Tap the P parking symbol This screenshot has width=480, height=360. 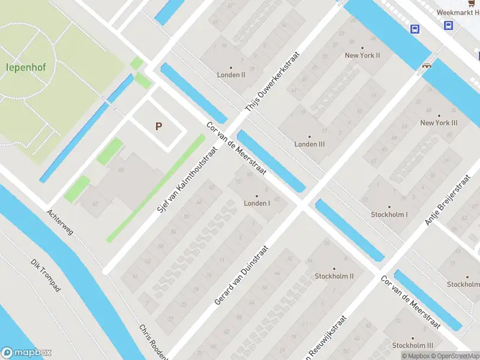pos(158,126)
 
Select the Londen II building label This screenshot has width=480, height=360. pos(230,75)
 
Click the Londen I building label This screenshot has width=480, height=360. pos(257,203)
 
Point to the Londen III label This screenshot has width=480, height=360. pos(309,144)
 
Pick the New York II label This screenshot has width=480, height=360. pos(362,55)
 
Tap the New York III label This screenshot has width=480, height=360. pos(439,122)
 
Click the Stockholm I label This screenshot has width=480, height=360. pos(389,214)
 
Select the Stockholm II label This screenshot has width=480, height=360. pos(334,276)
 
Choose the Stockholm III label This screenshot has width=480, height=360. pos(412,346)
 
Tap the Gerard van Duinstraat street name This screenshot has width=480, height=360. pos(241,274)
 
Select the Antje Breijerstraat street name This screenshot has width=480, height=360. pos(448,200)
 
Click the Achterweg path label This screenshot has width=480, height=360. pos(60,222)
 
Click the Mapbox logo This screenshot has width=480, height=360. pos(26,353)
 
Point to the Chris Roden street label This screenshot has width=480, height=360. pos(153,341)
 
